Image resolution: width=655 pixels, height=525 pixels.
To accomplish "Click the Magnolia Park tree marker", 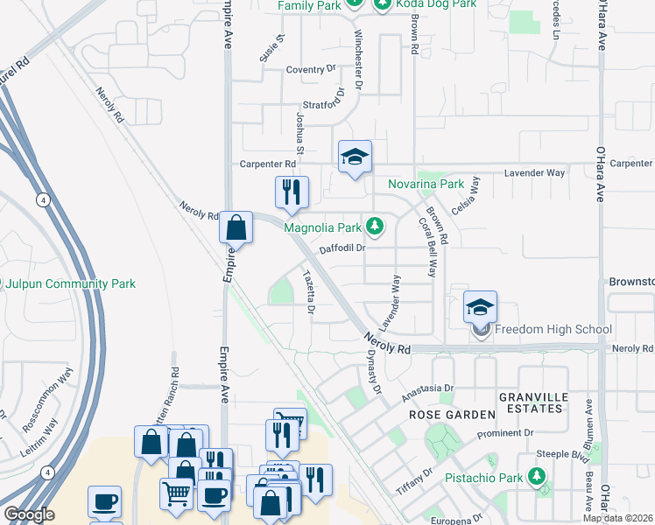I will pos(375,227).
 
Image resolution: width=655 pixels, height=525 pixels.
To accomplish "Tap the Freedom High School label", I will pos(553,330).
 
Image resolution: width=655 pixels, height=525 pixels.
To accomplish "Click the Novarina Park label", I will pos(426,185).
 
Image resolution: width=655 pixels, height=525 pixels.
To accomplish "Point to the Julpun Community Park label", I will pos(68,284).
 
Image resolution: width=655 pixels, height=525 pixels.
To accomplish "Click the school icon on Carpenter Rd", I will pos(354,157).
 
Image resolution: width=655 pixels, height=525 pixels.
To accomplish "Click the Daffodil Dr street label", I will pos(342,248).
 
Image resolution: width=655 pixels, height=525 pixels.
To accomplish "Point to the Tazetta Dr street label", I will pos(308,290).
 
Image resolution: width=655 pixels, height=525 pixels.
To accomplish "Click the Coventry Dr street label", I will pos(311,69).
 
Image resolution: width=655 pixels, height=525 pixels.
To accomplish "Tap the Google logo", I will pos(29,514).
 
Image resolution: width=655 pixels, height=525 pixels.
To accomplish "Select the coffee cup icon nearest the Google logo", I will pos(104,502).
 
